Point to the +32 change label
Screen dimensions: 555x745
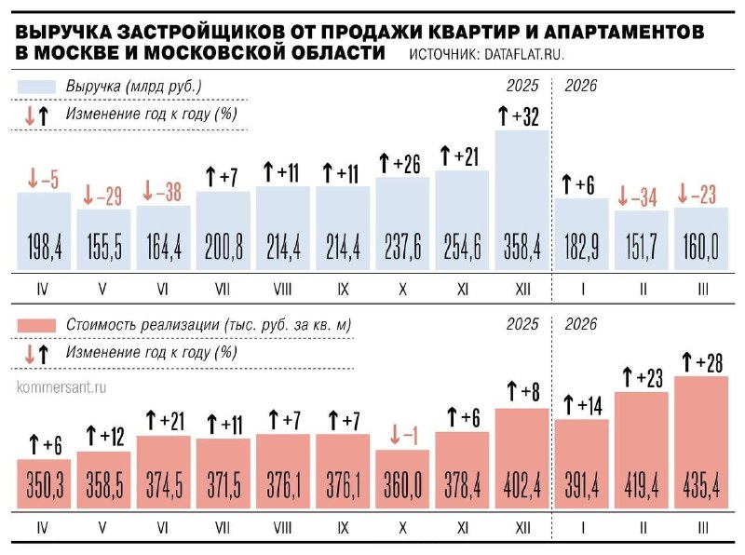[522, 116]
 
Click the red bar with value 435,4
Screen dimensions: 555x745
[701, 447]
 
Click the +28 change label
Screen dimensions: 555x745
[701, 361]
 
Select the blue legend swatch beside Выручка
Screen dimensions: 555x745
[38, 87]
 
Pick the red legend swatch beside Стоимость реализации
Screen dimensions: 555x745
[38, 325]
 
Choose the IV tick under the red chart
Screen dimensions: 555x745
[42, 528]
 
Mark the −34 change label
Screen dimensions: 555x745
[642, 197]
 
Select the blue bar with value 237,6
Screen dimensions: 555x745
[402, 223]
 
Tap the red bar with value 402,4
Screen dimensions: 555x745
[522, 456]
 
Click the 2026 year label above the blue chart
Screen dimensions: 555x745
[581, 86]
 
